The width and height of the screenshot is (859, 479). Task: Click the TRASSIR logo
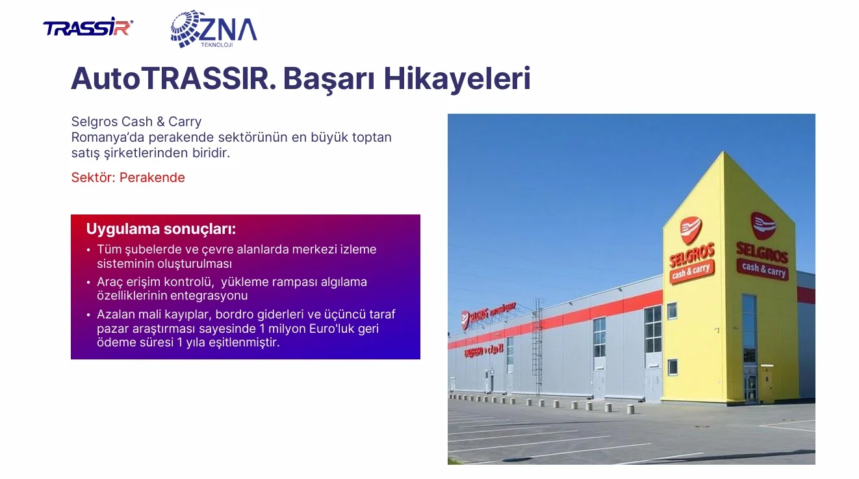(88, 27)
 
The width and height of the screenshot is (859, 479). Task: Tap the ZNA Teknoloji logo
(214, 29)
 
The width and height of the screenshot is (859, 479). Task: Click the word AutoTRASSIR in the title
(173, 79)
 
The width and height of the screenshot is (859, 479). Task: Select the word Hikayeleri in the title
(457, 79)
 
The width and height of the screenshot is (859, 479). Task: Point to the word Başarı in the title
(329, 79)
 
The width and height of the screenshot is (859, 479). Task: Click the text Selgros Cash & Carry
(136, 122)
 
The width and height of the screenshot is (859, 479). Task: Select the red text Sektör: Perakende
(128, 177)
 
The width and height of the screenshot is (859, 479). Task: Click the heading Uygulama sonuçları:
(160, 229)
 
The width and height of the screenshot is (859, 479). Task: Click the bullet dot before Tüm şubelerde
(88, 250)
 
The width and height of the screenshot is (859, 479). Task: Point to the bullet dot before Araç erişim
(88, 283)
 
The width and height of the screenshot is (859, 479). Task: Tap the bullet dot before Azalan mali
(88, 315)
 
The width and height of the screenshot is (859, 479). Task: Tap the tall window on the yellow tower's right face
(749, 329)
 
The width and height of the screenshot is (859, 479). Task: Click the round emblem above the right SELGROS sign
(763, 226)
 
